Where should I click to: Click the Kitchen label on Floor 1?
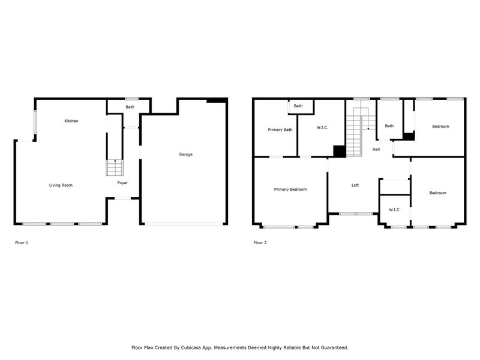pyautogui.click(x=71, y=121)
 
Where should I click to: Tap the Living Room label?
pyautogui.click(x=61, y=185)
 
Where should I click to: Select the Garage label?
pyautogui.click(x=185, y=154)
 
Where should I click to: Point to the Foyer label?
pyautogui.click(x=122, y=182)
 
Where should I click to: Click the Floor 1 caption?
pyautogui.click(x=21, y=243)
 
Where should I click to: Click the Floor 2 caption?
pyautogui.click(x=260, y=243)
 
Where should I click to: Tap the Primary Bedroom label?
pyautogui.click(x=290, y=190)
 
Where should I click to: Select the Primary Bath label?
pyautogui.click(x=280, y=130)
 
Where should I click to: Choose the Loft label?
pyautogui.click(x=355, y=185)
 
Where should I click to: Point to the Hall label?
pyautogui.click(x=376, y=149)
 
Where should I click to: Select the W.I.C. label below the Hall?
pyautogui.click(x=394, y=209)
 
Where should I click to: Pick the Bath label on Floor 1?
pyautogui.click(x=130, y=107)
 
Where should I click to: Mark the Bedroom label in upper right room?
pyautogui.click(x=440, y=127)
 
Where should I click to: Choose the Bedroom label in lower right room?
pyautogui.click(x=437, y=193)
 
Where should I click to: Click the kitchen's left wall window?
pyautogui.click(x=35, y=122)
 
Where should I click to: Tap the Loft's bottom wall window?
pyautogui.click(x=355, y=213)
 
